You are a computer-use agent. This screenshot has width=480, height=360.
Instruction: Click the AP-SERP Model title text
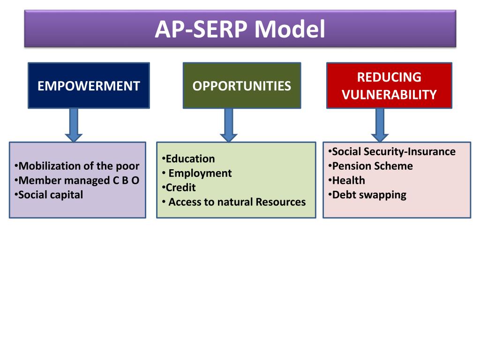(x=240, y=29)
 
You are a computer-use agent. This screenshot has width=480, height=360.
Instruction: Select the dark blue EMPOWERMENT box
(x=89, y=86)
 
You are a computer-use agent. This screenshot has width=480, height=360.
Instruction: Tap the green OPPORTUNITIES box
(x=241, y=86)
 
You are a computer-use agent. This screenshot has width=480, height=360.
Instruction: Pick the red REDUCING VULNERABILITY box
(x=389, y=86)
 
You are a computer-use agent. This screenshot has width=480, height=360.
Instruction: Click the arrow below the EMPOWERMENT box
(x=74, y=125)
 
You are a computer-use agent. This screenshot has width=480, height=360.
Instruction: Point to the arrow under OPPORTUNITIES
(x=229, y=125)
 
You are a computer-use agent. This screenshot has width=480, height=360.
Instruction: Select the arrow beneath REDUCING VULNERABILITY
(x=380, y=125)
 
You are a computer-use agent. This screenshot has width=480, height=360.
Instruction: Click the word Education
(x=190, y=159)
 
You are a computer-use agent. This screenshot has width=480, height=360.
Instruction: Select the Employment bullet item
(x=200, y=173)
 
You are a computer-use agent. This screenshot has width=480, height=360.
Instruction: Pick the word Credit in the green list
(x=180, y=187)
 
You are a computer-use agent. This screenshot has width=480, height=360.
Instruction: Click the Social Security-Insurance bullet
(x=393, y=151)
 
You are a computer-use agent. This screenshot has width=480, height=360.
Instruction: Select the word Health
(x=348, y=180)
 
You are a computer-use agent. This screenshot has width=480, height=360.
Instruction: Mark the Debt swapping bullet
(x=369, y=195)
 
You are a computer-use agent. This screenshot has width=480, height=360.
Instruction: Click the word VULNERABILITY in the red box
(x=389, y=95)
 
